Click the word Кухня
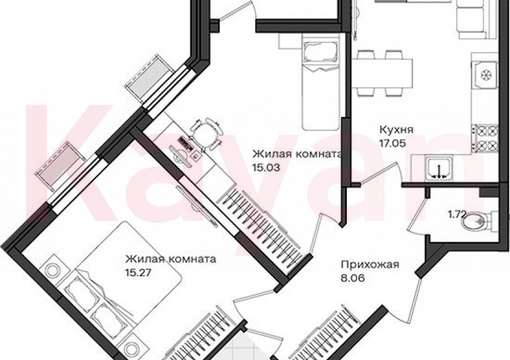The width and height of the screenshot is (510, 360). point(396,130)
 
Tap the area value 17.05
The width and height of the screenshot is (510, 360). point(392,143)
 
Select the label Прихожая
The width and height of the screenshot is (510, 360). point(370,265)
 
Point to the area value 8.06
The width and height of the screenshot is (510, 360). point(352,278)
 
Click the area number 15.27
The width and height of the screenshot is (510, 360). point(139,272)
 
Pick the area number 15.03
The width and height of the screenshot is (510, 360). point(266,167)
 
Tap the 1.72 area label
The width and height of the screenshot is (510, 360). point(458,214)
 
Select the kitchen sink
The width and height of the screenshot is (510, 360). point(439,168)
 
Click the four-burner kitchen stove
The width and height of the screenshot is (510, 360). point(485,137)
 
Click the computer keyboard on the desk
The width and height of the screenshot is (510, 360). point(186,143)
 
